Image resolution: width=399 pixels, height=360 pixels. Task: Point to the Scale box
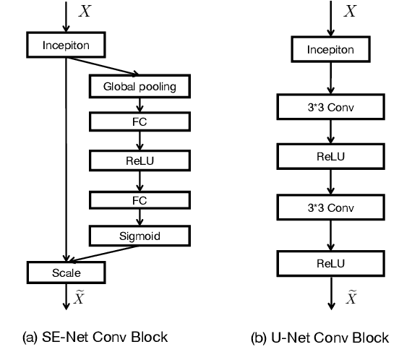(66, 273)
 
